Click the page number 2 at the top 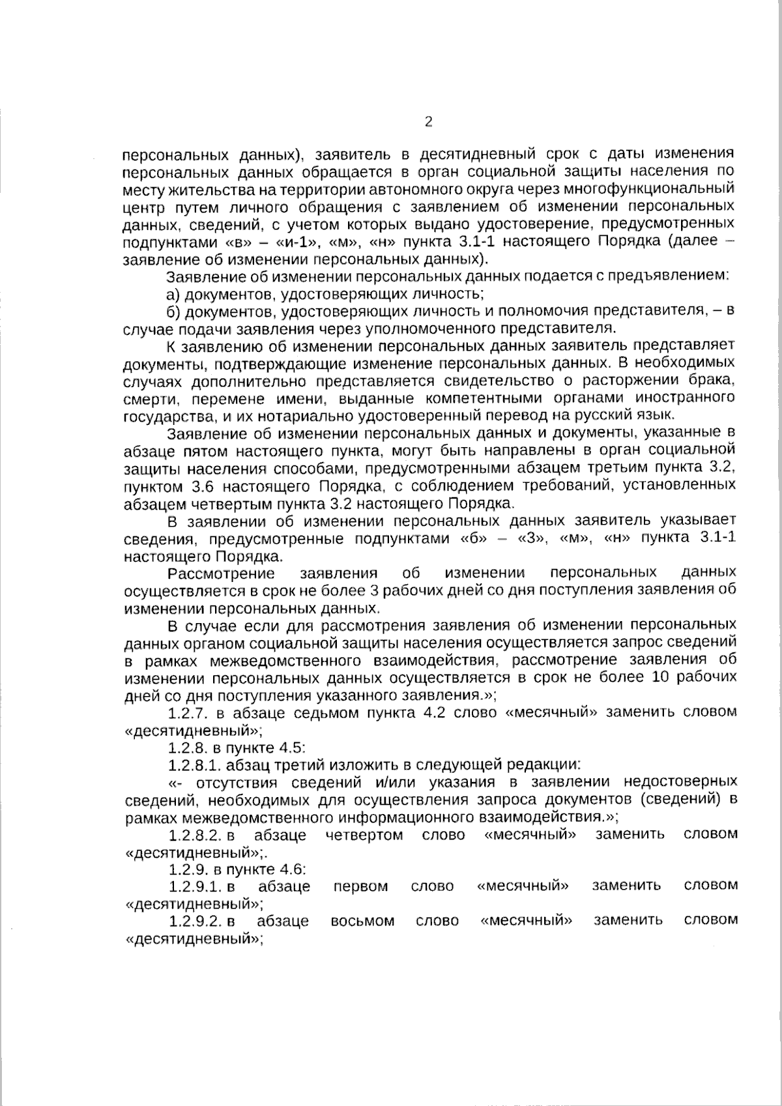[428, 122]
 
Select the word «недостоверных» [681, 781]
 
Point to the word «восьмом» [362, 921]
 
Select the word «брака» [712, 380]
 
